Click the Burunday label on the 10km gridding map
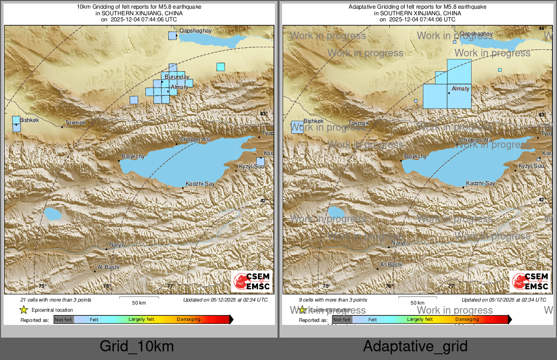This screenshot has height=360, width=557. pos(177,77)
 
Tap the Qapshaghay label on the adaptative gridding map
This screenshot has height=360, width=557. pos(476,34)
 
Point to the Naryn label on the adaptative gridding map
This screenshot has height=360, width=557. pos(398,244)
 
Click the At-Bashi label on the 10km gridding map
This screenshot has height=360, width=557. pos(108,266)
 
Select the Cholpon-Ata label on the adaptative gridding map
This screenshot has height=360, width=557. pos(476,140)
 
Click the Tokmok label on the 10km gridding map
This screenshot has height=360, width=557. pos(75,123)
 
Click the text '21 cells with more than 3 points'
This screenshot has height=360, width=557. pos(56,300)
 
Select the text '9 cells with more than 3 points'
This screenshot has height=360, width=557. pos(333,300)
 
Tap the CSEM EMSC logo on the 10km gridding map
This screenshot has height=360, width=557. pos(252,281)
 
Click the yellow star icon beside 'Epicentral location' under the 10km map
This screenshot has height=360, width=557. pos(23,310)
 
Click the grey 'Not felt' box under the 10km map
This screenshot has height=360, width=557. pos(64,319)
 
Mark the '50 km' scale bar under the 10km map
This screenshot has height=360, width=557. pos(139,300)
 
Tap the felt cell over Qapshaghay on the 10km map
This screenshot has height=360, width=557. pos(172,36)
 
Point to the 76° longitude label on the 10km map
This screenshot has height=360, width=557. pos(106,286)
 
